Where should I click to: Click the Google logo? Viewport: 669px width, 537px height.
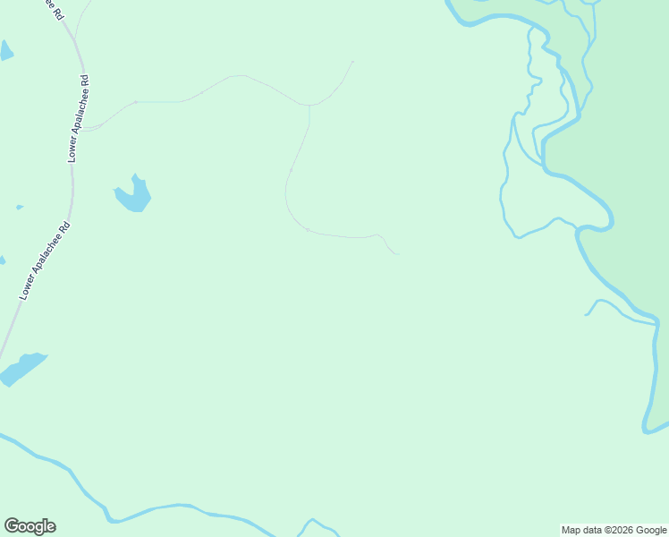click(30, 526)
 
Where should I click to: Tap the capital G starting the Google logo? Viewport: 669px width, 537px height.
click(12, 526)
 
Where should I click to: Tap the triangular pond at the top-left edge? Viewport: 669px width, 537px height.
click(5, 50)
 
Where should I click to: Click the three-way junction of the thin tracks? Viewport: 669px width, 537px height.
click(309, 106)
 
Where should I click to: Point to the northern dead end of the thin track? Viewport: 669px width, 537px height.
click(353, 62)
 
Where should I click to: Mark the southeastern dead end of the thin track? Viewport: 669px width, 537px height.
click(398, 254)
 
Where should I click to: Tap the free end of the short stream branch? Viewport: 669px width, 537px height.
click(587, 315)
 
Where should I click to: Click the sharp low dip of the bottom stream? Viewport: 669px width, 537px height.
click(109, 519)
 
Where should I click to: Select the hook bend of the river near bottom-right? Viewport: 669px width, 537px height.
click(647, 429)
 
